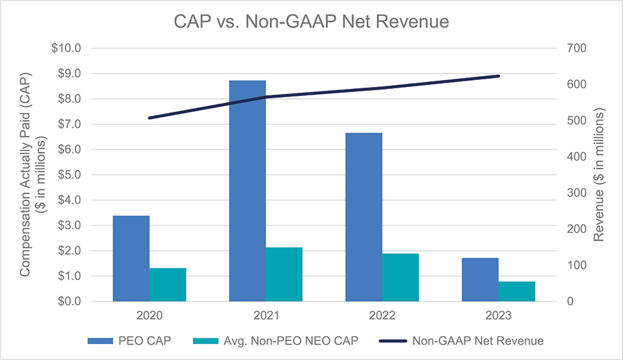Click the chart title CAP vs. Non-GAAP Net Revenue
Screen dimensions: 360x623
pos(311,22)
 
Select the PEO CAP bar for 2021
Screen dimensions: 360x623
pos(247,190)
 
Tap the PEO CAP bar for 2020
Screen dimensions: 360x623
pos(131,258)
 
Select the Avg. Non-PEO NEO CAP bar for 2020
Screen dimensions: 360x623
pos(167,284)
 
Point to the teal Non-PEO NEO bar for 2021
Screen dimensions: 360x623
pos(284,274)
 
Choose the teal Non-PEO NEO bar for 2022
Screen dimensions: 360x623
pos(400,277)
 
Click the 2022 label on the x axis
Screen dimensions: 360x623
pos(382,316)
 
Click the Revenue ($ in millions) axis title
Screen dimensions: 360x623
pos(599,175)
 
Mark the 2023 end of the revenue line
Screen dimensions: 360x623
pos(499,76)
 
